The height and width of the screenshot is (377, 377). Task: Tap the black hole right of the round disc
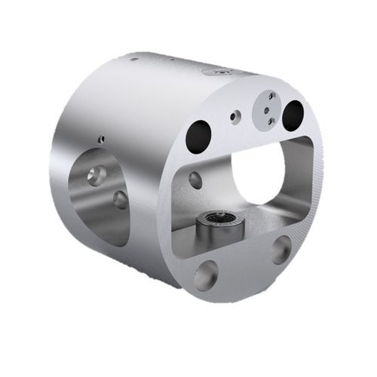pyautogui.click(x=293, y=114)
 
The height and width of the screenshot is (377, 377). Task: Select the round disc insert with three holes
pyautogui.click(x=267, y=110)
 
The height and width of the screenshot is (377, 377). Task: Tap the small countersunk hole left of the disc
pyautogui.click(x=236, y=116)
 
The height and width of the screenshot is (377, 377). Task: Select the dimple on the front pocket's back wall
pyautogui.click(x=195, y=179)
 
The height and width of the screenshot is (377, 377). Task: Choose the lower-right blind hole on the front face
pyautogui.click(x=281, y=249)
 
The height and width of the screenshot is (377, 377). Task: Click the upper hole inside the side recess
pyautogui.click(x=96, y=176)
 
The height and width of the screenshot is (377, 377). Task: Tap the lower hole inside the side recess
pyautogui.click(x=120, y=200)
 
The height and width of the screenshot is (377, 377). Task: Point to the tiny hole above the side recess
pyautogui.click(x=101, y=139)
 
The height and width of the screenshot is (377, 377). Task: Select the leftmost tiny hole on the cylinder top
pyautogui.click(x=133, y=59)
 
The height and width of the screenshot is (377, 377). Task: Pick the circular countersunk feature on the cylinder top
pyautogui.click(x=219, y=72)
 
